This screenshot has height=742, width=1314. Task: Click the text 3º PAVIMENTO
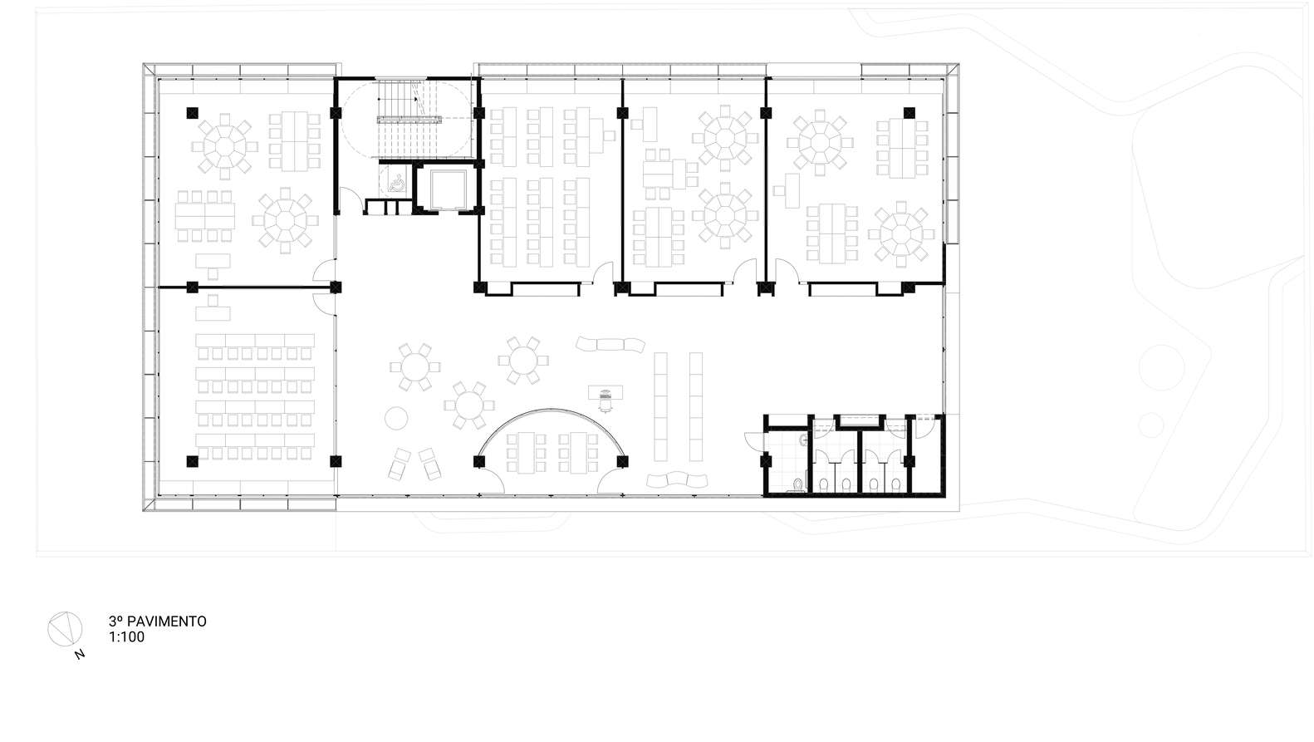pos(157,621)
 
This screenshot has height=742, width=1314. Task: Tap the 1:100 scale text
pos(127,637)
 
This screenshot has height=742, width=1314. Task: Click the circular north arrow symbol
pos(65,629)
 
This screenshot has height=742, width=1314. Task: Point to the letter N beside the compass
pos(80,654)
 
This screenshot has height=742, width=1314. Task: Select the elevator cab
pos(448,189)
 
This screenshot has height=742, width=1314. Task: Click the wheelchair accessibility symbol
pos(396,183)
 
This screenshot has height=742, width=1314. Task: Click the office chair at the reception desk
pos(606,403)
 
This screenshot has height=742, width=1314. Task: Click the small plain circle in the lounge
pos(396,419)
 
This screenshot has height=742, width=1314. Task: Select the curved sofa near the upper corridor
pos(610,344)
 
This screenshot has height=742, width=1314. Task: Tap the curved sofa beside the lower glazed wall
pos(677,480)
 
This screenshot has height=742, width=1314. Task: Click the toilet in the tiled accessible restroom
pos(797,485)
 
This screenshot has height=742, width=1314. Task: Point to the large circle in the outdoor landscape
pos(1161,368)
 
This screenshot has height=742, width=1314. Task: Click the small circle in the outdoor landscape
pos(1151,425)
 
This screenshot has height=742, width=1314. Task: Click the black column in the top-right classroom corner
pos(910,113)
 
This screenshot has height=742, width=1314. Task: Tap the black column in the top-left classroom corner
pos(193,113)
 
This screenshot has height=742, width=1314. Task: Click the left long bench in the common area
pos(660,406)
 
